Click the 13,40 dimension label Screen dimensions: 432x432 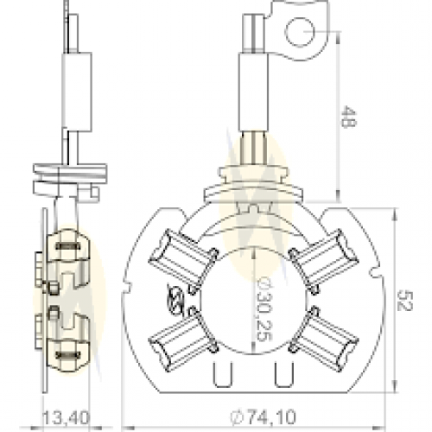coord(67,418)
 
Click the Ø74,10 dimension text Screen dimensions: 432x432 coord(263,416)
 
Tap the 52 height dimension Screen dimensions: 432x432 coord(405,301)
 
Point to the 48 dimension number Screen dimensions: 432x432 coord(349,117)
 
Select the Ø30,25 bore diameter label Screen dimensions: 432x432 coord(264,308)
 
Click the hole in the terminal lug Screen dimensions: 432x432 coord(301,32)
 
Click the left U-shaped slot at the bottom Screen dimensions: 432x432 coord(223,374)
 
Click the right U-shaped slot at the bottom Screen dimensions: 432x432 coord(284,374)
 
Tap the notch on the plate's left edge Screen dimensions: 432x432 coord(128,286)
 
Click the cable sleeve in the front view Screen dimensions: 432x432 coord(254,92)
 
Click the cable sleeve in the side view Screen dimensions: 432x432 coord(77,92)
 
